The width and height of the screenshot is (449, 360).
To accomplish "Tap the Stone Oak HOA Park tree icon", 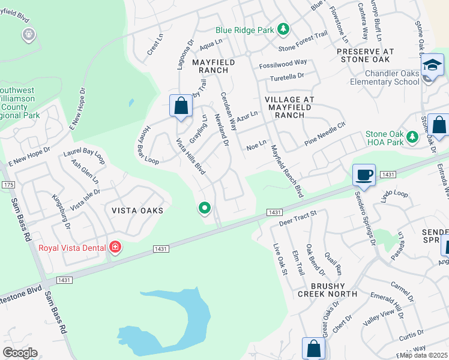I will click(412, 138).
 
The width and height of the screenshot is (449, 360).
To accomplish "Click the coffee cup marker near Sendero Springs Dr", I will click(364, 175).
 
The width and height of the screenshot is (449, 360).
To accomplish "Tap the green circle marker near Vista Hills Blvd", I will click(205, 208).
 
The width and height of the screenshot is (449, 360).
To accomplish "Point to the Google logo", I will click(20, 353).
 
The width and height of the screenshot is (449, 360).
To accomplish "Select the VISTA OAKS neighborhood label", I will click(137, 211).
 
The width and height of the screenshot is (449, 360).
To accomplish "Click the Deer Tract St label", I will click(298, 218).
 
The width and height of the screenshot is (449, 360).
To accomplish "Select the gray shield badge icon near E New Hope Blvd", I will click(28, 35).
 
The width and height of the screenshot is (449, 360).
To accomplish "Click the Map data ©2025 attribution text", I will click(424, 355).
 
